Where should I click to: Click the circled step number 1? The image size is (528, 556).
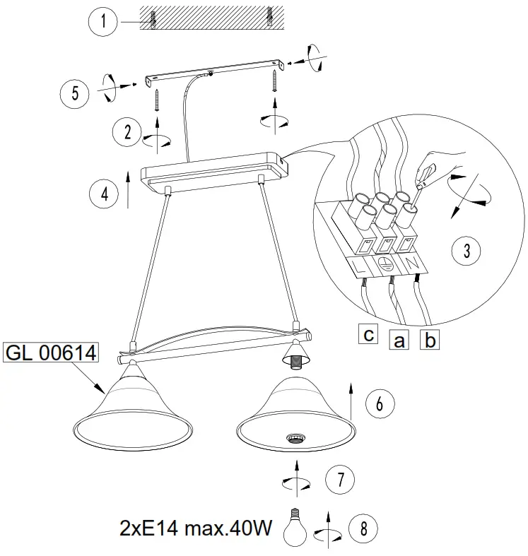coord(103,22)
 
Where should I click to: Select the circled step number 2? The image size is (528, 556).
coord(128,131)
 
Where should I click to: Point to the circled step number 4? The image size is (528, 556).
coord(105,193)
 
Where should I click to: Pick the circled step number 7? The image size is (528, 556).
coord(340,479)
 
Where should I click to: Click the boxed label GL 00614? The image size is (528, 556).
coord(52,352)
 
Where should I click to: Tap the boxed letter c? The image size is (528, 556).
coord(368,333)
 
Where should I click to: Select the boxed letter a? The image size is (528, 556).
coord(399,341)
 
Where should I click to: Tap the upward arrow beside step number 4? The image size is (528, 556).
coord(127,187)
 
